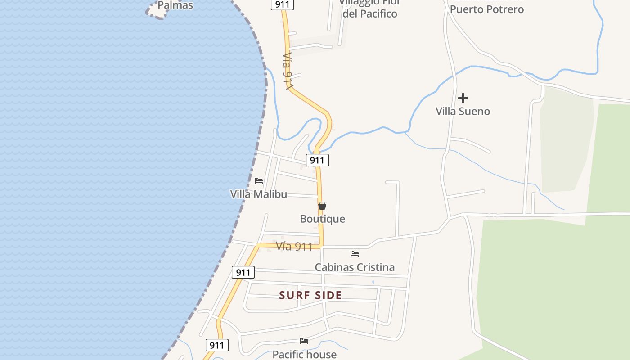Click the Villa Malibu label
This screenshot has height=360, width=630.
pyautogui.click(x=258, y=194)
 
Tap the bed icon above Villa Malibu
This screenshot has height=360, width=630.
pyautogui.click(x=259, y=181)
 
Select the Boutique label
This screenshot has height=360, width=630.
pyautogui.click(x=322, y=219)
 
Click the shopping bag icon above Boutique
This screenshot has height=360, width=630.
pyautogui.click(x=322, y=206)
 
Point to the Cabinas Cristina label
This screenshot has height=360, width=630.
pyautogui.click(x=355, y=267)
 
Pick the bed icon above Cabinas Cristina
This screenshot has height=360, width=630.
pyautogui.click(x=355, y=254)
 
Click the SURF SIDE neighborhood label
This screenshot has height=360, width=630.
pyautogui.click(x=310, y=295)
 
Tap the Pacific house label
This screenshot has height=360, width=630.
pyautogui.click(x=304, y=355)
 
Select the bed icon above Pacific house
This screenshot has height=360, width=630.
pyautogui.click(x=304, y=341)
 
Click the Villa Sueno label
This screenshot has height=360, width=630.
pyautogui.click(x=463, y=112)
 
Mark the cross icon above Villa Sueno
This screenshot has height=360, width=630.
pyautogui.click(x=463, y=98)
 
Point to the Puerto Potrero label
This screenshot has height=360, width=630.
pyautogui.click(x=487, y=9)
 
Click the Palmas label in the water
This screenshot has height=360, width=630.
pyautogui.click(x=175, y=5)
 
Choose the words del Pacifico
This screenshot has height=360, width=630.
pyautogui.click(x=370, y=14)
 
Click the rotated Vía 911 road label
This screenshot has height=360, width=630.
pyautogui.click(x=288, y=71)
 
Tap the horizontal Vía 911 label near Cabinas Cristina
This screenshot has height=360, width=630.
pyautogui.click(x=294, y=247)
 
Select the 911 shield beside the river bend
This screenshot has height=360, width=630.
pyautogui.click(x=317, y=160)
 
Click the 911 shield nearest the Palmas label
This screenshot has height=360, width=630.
pyautogui.click(x=283, y=4)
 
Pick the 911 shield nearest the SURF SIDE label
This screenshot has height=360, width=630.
pyautogui.click(x=243, y=272)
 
